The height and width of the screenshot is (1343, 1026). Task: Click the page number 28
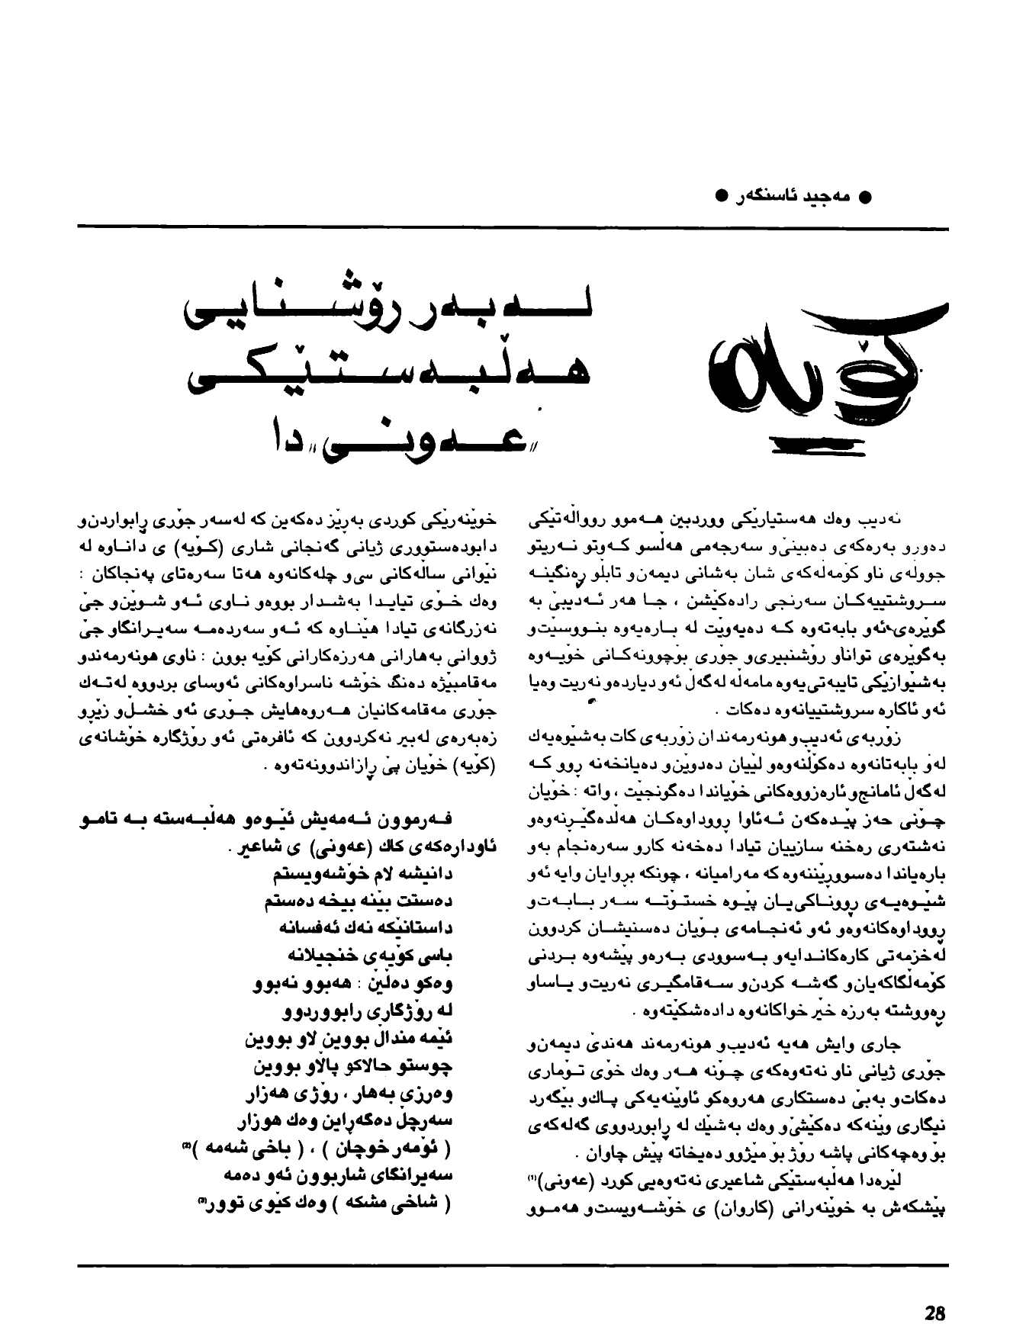pos(934,1313)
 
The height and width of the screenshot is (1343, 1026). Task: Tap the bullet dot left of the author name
pos(721,197)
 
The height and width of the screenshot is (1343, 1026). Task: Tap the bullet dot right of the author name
pos(865,197)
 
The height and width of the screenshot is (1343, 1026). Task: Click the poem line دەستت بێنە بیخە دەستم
pos(359,900)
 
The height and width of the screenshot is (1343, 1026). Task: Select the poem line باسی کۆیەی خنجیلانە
pos(366,955)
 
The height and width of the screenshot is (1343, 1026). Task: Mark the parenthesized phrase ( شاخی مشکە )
pos(384,1203)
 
